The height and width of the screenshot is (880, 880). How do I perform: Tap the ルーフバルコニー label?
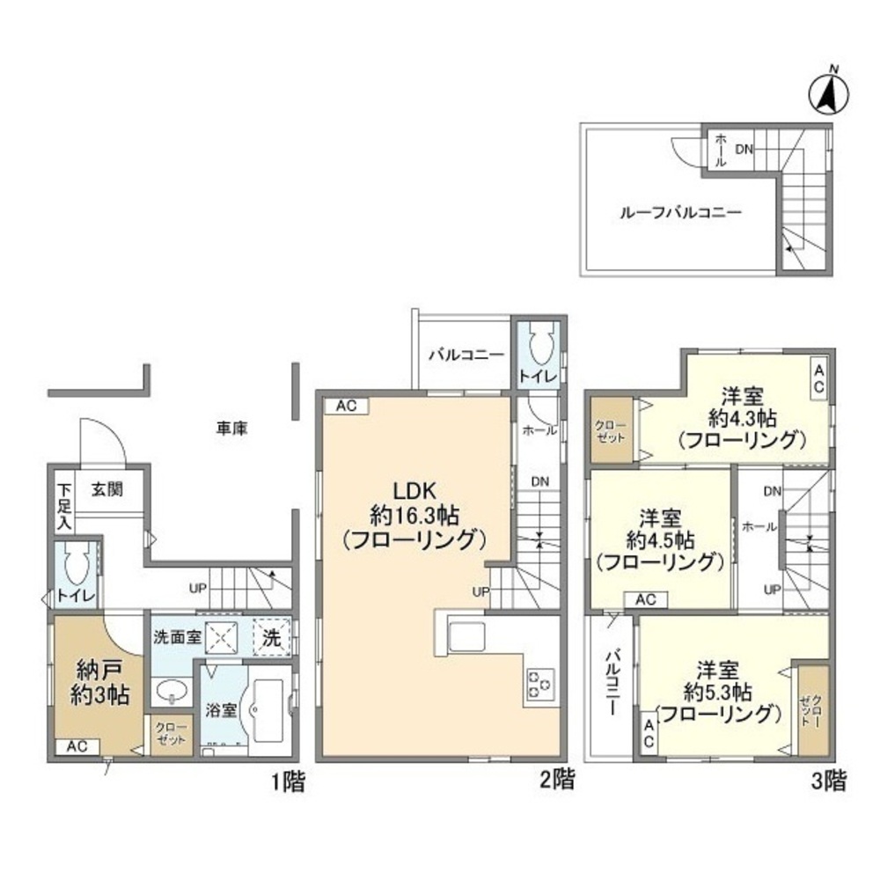680,213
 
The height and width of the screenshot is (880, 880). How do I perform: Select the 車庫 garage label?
231,429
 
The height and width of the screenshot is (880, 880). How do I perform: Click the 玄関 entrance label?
107,489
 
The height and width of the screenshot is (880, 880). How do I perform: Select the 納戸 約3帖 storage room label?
100,683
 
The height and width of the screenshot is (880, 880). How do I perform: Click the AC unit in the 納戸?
77,746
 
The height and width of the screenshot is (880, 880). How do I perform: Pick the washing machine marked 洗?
272,637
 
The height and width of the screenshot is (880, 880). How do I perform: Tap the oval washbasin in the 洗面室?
172,690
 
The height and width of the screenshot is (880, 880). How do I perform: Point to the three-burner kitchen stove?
540,684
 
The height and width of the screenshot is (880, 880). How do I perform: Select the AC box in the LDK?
346,406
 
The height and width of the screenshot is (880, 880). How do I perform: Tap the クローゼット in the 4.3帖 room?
612,430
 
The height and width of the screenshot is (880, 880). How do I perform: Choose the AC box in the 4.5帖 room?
645,599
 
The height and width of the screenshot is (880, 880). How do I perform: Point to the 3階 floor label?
828,781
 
